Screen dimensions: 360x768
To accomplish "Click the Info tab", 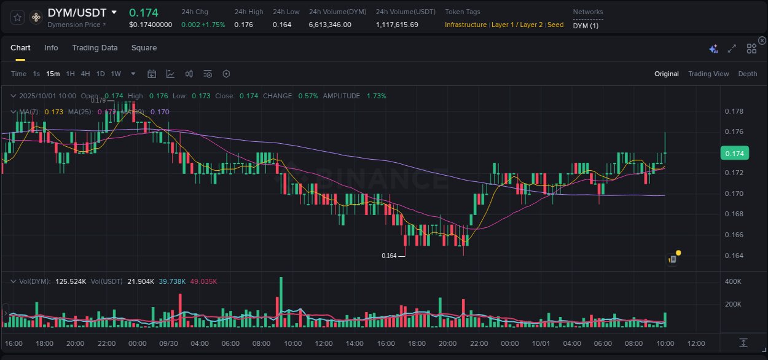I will click(51, 48).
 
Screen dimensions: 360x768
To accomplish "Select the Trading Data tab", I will click(95, 48).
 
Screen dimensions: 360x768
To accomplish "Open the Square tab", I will click(144, 48).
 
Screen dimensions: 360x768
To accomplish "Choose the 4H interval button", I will click(85, 74).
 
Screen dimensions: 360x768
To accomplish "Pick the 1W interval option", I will click(116, 74).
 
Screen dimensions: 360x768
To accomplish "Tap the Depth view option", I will click(747, 74).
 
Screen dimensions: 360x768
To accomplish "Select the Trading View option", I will click(708, 74).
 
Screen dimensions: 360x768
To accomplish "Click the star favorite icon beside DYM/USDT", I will click(18, 17).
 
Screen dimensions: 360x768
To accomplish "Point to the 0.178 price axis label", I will click(734, 111).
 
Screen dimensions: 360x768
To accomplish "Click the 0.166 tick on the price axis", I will click(734, 235).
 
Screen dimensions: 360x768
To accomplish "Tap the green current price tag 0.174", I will click(734, 153).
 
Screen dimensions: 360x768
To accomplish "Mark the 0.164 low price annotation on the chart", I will click(389, 256).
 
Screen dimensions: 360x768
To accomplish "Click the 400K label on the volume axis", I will click(733, 281).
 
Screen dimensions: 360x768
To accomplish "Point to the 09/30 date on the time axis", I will click(169, 343).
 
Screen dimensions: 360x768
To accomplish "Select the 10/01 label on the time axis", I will click(541, 343).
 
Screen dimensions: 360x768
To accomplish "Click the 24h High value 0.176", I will click(243, 25).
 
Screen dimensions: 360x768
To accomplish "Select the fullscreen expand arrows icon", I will click(732, 49).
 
